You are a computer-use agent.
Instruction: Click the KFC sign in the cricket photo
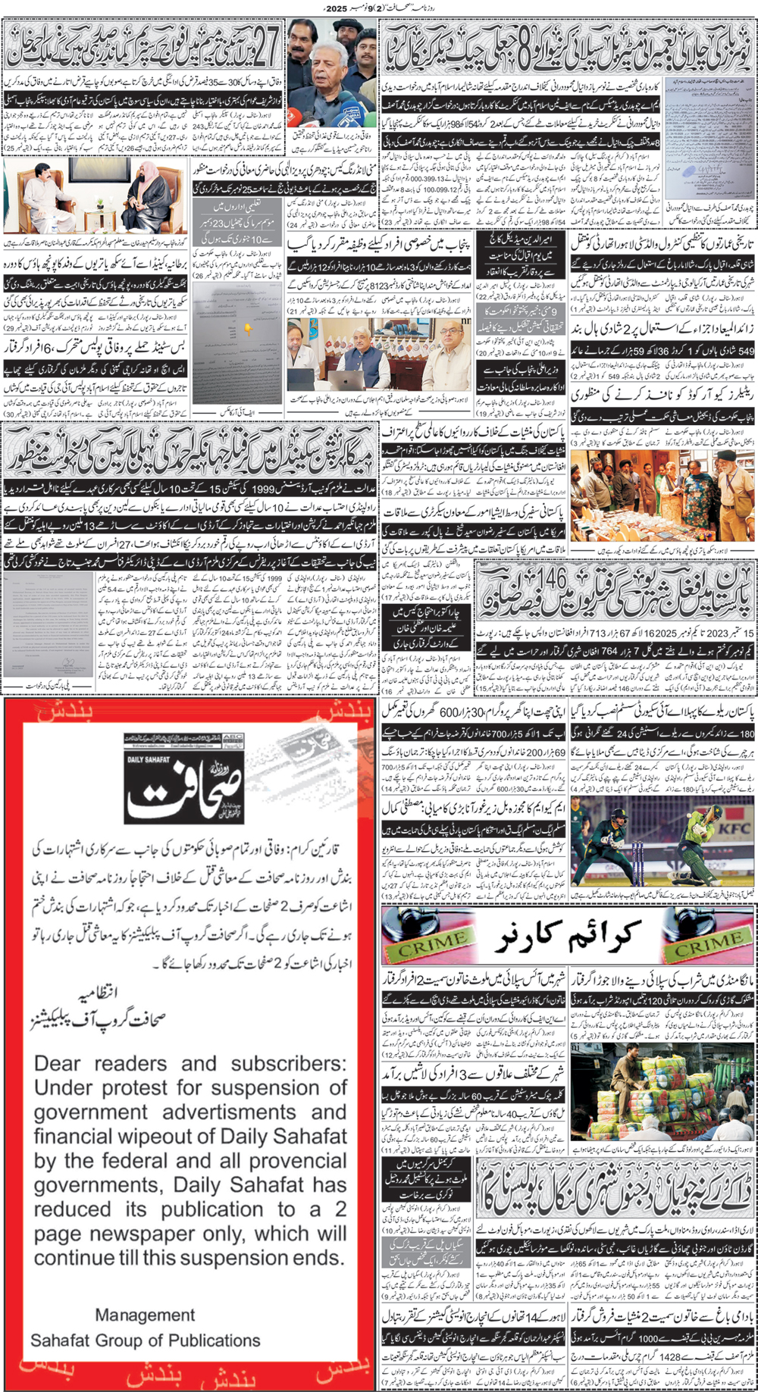pyautogui.click(x=733, y=827)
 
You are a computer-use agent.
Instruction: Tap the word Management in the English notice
pyautogui.click(x=145, y=1315)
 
